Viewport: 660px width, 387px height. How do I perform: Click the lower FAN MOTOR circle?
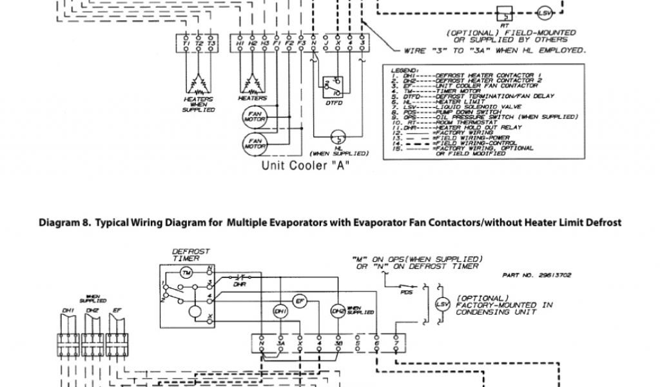tap(252, 143)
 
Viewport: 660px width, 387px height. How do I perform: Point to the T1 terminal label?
tap(187, 43)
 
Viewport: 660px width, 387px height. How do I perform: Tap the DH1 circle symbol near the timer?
tap(280, 311)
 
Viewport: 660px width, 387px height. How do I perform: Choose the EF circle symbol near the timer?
tap(299, 301)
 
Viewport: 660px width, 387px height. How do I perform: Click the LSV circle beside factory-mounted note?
tap(442, 304)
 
